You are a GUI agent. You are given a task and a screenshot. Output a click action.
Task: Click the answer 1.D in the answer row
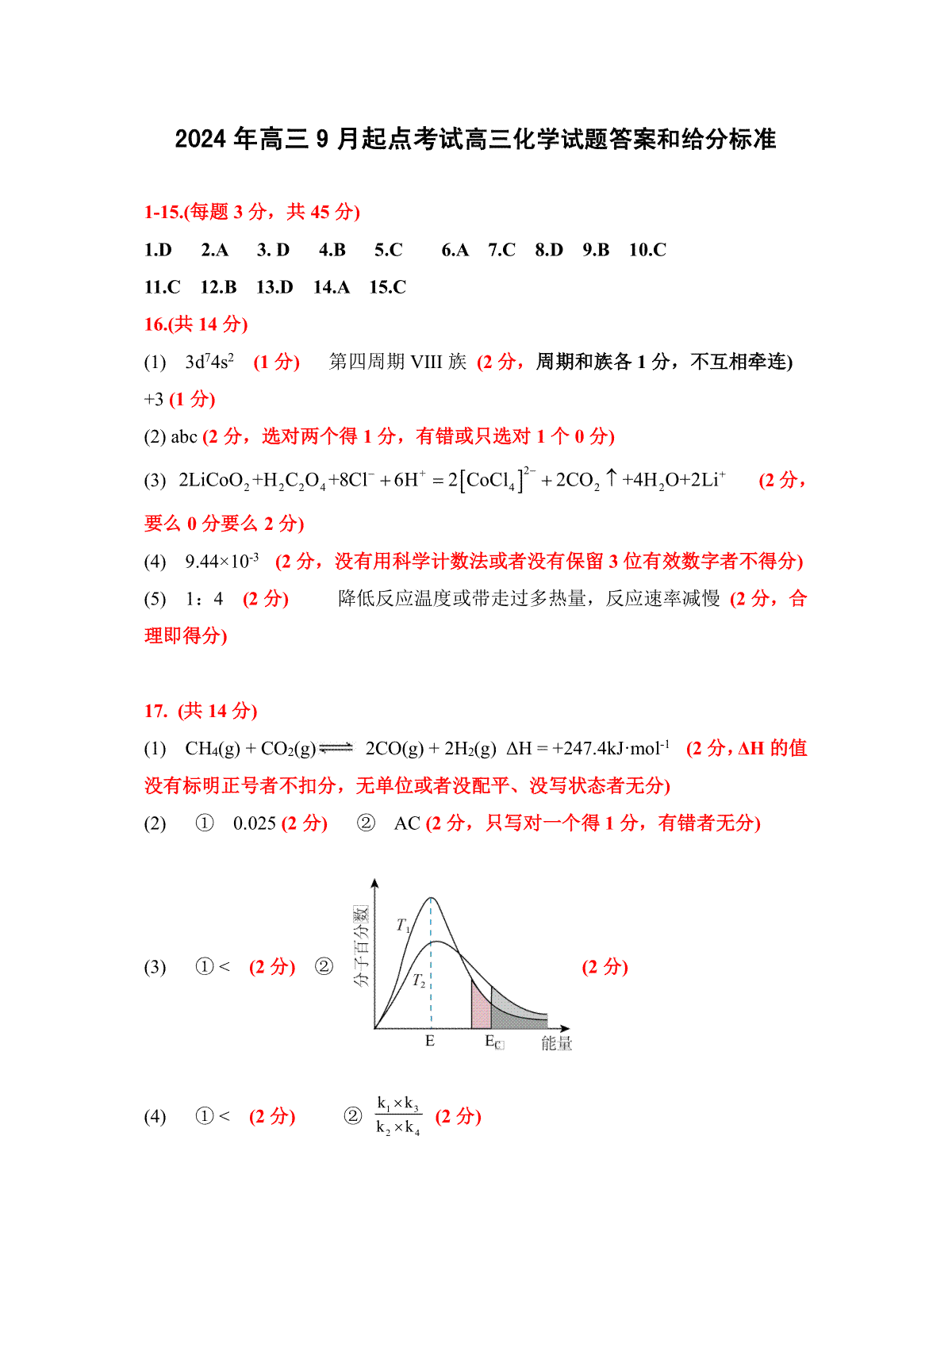pyautogui.click(x=158, y=250)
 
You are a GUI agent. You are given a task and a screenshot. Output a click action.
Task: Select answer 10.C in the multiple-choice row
pyautogui.click(x=647, y=250)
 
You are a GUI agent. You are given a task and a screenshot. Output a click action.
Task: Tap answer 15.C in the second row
pyautogui.click(x=387, y=287)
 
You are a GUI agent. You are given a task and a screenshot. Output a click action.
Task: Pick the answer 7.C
pyautogui.click(x=501, y=250)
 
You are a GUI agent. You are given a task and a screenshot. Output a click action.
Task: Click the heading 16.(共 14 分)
pyautogui.click(x=196, y=324)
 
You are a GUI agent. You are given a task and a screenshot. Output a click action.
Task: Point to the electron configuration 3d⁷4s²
pyautogui.click(x=209, y=362)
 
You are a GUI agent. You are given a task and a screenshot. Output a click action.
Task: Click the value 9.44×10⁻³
pyautogui.click(x=221, y=562)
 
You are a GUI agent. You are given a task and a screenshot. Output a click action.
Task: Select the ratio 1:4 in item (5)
pyautogui.click(x=205, y=599)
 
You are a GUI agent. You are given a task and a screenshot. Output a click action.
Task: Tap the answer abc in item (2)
pyautogui.click(x=184, y=436)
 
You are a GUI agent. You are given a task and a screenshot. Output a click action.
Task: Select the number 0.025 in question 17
pyautogui.click(x=254, y=823)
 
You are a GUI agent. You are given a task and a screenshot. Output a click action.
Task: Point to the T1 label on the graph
pyautogui.click(x=403, y=926)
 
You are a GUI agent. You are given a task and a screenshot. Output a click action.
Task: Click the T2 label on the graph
pyautogui.click(x=419, y=981)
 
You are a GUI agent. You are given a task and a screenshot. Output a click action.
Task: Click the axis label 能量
pyautogui.click(x=556, y=1043)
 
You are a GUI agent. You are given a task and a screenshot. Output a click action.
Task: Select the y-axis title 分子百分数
pyautogui.click(x=362, y=946)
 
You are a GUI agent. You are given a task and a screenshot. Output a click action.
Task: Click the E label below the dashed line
pyautogui.click(x=430, y=1041)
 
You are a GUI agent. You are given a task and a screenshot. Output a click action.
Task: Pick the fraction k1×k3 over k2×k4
pyautogui.click(x=398, y=1115)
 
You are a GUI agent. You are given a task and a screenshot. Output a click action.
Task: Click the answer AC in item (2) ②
pyautogui.click(x=407, y=823)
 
